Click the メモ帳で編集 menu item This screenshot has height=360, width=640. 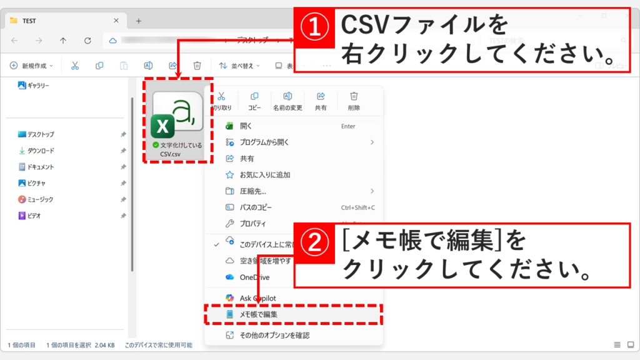[258, 314]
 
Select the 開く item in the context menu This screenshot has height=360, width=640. [246, 126]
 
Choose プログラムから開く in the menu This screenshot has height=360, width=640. [264, 142]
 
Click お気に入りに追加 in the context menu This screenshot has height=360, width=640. [265, 174]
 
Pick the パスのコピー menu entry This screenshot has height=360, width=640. [256, 207]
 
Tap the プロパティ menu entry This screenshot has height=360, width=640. [252, 223]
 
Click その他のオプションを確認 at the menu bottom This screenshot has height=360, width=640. [274, 336]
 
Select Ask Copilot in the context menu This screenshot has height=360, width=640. [257, 298]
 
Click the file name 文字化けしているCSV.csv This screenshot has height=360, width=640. [179, 149]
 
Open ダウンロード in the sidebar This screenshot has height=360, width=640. [40, 151]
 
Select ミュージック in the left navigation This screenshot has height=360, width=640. [40, 199]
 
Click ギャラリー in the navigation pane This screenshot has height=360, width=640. [37, 85]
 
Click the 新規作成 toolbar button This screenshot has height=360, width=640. [31, 65]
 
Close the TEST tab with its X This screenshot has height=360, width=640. [116, 21]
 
